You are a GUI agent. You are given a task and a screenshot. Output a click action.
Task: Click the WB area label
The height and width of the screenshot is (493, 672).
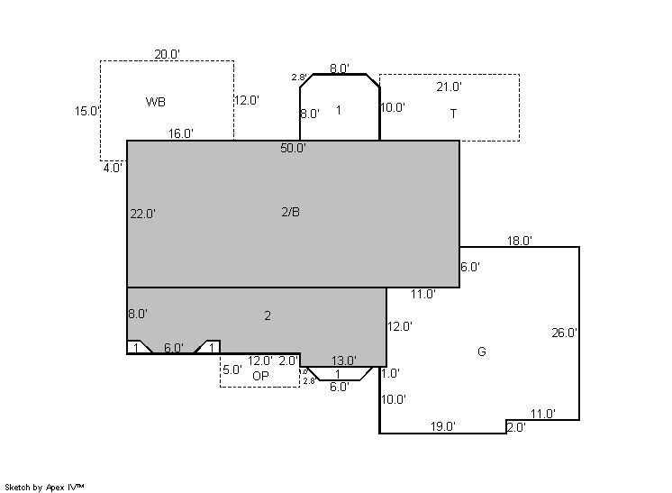tap(156, 102)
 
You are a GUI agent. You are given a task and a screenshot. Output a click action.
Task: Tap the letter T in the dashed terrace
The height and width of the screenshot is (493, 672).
tap(453, 114)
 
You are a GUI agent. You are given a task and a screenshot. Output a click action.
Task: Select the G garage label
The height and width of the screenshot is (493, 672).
tap(482, 351)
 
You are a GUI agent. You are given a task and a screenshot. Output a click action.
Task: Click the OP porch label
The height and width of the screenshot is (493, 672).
tap(260, 376)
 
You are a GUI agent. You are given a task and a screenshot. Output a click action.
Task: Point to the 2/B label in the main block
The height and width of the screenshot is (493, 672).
tap(291, 212)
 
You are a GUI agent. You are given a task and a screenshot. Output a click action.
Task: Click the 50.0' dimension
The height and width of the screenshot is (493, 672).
tap(293, 149)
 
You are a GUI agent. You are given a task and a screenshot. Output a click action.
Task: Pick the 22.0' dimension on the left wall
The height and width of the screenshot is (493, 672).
tap(142, 214)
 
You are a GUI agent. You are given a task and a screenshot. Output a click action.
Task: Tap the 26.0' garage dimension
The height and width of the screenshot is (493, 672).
tap(565, 333)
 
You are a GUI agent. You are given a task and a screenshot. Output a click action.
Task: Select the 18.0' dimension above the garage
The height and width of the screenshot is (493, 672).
tap(520, 241)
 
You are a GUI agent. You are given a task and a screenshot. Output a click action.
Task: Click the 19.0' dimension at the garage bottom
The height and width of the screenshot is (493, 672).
tap(443, 426)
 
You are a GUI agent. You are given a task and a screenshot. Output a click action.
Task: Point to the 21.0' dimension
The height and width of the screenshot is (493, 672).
tap(450, 87)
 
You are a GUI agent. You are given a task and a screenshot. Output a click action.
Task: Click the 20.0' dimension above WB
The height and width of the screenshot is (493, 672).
tap(168, 54)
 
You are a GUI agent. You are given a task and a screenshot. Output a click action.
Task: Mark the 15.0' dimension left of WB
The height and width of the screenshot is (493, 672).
tap(87, 112)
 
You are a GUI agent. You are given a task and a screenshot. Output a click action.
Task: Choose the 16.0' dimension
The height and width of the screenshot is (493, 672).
tap(181, 133)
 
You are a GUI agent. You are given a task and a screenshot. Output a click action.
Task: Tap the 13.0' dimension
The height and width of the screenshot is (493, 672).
tap(344, 361)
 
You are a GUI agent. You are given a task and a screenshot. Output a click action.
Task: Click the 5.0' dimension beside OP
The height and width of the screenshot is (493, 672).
tap(232, 370)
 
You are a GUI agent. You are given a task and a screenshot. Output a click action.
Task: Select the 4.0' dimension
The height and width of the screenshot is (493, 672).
tap(114, 168)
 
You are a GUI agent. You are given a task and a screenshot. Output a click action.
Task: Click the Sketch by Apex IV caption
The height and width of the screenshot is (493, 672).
tap(44, 488)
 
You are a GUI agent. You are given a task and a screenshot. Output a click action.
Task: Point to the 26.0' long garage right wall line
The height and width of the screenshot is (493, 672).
tap(579, 333)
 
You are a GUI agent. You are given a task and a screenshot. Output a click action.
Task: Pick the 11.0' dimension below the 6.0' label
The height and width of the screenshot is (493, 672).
tap(423, 294)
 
